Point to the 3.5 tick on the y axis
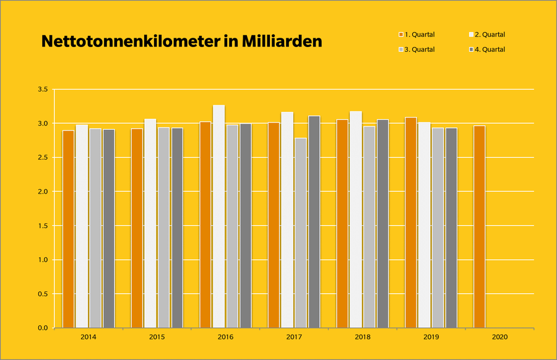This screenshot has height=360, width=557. (42, 90)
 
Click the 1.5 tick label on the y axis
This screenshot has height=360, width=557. (42, 226)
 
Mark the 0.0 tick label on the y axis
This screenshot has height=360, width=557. (42, 328)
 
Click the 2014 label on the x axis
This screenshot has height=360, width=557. (89, 337)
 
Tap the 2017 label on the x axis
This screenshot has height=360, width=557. (294, 337)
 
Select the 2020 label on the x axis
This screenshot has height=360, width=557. (499, 337)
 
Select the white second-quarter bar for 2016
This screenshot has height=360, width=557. (218, 216)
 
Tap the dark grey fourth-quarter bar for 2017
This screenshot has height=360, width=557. (314, 222)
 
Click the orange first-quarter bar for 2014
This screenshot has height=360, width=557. (68, 229)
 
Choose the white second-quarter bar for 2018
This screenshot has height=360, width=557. (356, 220)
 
